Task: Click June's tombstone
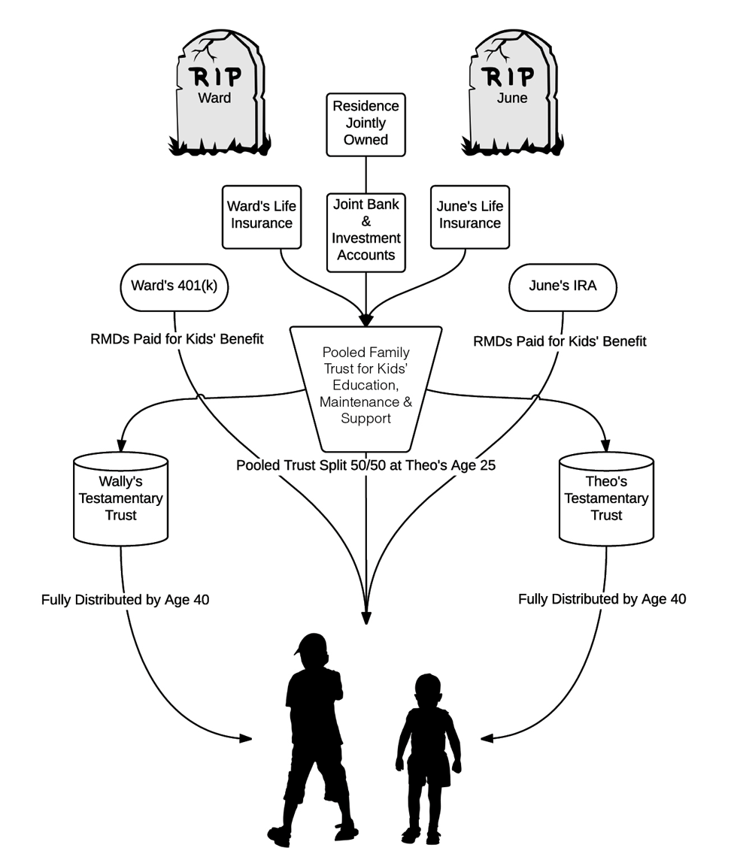pos(512,92)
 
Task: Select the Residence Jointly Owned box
pos(366,125)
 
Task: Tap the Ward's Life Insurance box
pos(262,217)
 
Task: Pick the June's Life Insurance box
pos(469,217)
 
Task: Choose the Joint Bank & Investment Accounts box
pos(366,232)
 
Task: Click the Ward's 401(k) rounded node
pos(174,287)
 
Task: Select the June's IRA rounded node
pos(563,287)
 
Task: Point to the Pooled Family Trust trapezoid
pos(366,389)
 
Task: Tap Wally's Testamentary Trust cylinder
pos(120,498)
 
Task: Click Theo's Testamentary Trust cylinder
pos(606,498)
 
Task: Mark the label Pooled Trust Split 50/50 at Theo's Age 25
pos(366,465)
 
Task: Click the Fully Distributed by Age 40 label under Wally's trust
pos(125,599)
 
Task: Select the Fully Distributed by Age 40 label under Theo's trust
pos(602,599)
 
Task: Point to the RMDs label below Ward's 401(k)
pos(177,339)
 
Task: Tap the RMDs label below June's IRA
pos(560,341)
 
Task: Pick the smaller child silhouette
pos(428,759)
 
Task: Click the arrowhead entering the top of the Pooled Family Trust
pos(366,320)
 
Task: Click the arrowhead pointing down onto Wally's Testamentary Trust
pos(121,445)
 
